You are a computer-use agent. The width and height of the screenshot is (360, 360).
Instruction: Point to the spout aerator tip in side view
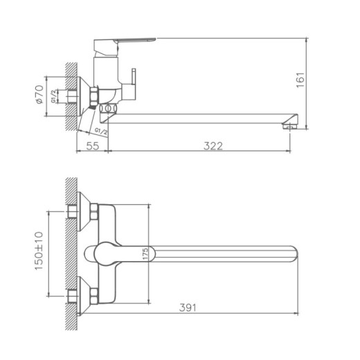[289, 125]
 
